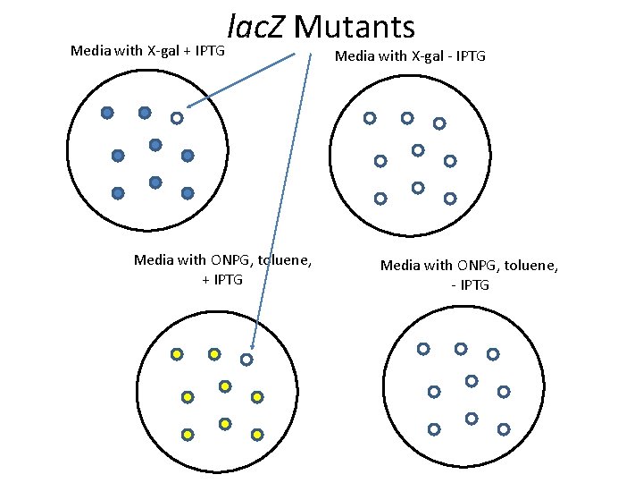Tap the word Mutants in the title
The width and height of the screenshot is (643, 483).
(x=355, y=27)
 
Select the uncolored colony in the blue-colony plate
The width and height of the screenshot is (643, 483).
(x=177, y=117)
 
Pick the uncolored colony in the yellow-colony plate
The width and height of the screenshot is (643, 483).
(x=246, y=359)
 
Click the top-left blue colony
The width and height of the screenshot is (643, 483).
(x=107, y=113)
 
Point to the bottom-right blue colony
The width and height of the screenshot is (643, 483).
(x=188, y=192)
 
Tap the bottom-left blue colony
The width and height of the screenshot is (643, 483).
(x=118, y=192)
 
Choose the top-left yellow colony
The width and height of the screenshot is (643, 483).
(x=177, y=354)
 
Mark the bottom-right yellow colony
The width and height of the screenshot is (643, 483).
(x=257, y=434)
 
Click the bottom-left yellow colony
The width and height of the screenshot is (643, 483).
(x=188, y=434)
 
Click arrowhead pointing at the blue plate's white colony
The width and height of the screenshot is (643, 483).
(x=189, y=106)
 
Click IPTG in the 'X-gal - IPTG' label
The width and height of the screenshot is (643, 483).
(x=468, y=56)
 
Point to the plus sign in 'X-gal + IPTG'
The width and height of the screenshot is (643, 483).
(x=190, y=51)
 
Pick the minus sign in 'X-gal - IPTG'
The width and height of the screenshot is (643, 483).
(x=446, y=56)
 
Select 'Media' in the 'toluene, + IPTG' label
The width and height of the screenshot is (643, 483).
(x=154, y=260)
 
